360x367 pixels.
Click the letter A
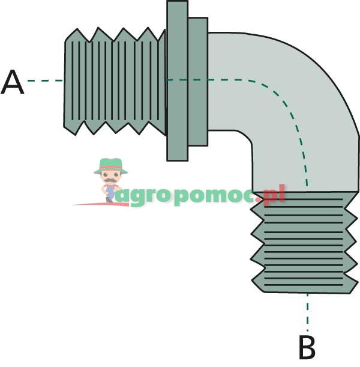click(x=13, y=82)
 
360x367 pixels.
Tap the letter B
click(x=307, y=347)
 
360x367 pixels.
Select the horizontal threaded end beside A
click(x=114, y=81)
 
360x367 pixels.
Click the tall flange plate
click(x=177, y=81)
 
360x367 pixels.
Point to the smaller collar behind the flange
click(x=197, y=81)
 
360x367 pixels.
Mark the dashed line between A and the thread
click(x=44, y=80)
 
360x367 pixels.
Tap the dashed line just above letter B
click(x=308, y=312)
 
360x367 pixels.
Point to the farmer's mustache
click(x=110, y=180)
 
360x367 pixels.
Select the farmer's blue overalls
click(x=110, y=191)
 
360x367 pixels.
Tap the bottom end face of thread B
click(x=306, y=293)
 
